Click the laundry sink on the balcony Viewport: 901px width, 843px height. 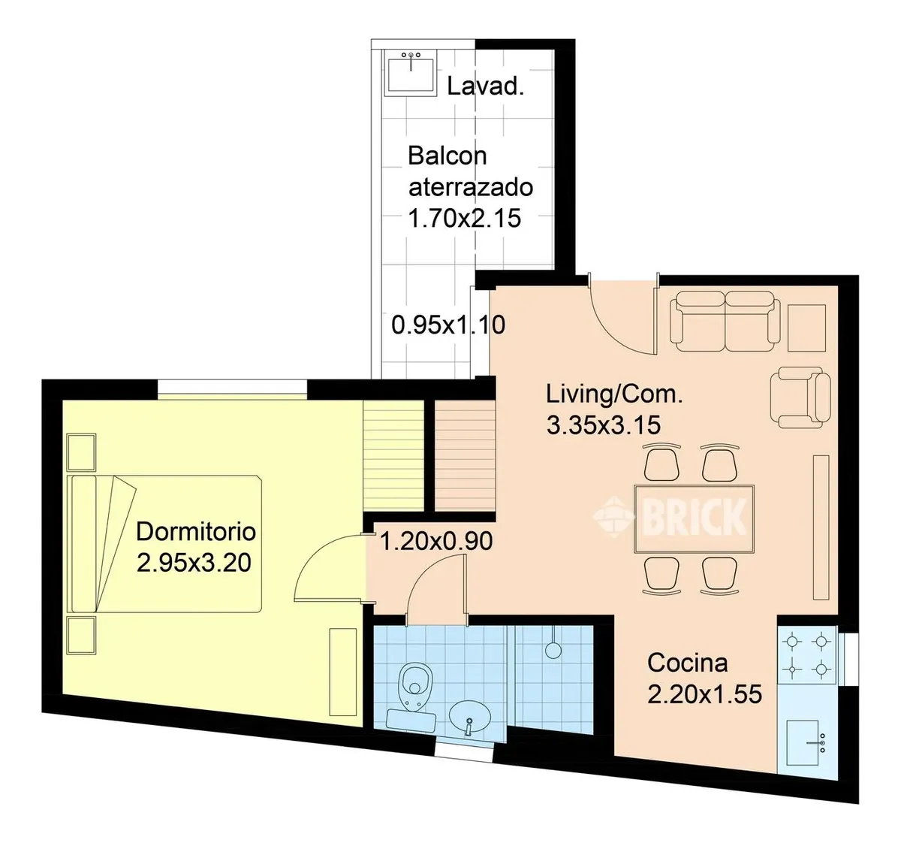pos(411,73)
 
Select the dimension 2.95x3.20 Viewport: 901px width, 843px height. pos(194,564)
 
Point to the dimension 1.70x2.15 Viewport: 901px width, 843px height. pos(465,219)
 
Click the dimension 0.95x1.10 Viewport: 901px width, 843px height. pos(448,325)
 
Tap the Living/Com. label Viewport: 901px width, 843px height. pos(614,394)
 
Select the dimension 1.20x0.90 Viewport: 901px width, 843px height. pos(436,541)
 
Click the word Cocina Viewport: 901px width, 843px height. pos(687,663)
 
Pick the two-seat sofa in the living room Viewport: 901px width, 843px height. pos(725,321)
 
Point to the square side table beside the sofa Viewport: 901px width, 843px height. pos(806,328)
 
